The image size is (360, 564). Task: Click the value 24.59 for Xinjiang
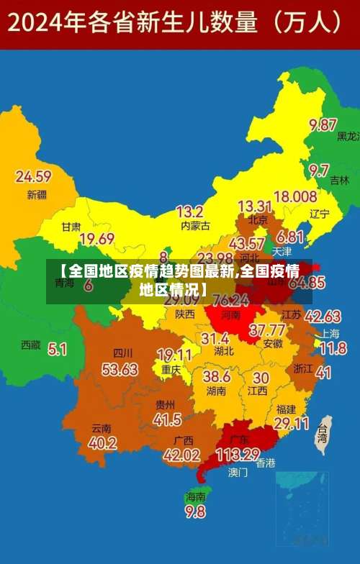click(x=34, y=176)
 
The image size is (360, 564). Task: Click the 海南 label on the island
click(x=195, y=496)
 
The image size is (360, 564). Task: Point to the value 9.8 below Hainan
click(x=195, y=511)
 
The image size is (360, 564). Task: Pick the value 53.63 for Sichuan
click(x=120, y=369)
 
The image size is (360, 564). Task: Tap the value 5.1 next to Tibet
click(x=58, y=349)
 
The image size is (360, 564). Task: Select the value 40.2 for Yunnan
click(x=102, y=443)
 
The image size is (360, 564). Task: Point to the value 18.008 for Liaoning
click(x=294, y=196)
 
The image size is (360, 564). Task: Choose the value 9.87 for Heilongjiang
click(x=323, y=124)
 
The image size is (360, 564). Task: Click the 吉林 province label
click(x=339, y=181)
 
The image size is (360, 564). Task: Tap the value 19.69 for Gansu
click(x=96, y=239)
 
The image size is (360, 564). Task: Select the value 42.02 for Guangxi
click(x=181, y=455)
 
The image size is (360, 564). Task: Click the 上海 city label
click(x=330, y=334)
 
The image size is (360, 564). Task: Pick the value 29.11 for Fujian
click(x=291, y=424)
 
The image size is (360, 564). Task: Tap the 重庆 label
click(x=171, y=369)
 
